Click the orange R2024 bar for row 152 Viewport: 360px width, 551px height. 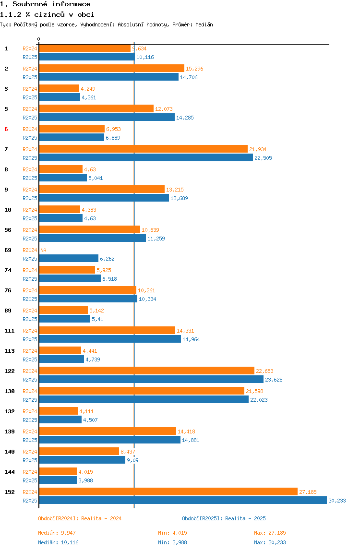pyautogui.click(x=168, y=491)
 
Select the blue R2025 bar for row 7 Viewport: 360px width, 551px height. pyautogui.click(x=146, y=158)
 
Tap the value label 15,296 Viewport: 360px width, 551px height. pyautogui.click(x=194, y=69)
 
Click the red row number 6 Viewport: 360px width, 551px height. pyautogui.click(x=6, y=129)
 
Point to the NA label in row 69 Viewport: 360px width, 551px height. pyautogui.click(x=43, y=250)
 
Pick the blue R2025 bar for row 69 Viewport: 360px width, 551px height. pyautogui.click(x=69, y=258)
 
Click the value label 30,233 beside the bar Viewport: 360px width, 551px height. pyautogui.click(x=337, y=501)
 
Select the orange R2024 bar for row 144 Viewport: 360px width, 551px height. pyautogui.click(x=58, y=472)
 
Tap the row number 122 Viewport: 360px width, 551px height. pyautogui.click(x=10, y=371)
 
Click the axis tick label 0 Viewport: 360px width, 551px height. pyautogui.click(x=39, y=39)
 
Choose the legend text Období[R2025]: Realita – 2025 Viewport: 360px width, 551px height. pyautogui.click(x=224, y=518)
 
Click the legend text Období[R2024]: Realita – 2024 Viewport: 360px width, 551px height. pyautogui.click(x=80, y=518)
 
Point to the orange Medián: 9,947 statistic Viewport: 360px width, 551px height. pyautogui.click(x=57, y=533)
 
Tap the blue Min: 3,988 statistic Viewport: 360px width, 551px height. pyautogui.click(x=172, y=542)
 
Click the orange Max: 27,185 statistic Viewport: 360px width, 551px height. pyautogui.click(x=270, y=533)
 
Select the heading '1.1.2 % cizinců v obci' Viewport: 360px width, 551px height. pyautogui.click(x=47, y=14)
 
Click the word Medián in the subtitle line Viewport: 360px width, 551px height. pyautogui.click(x=204, y=24)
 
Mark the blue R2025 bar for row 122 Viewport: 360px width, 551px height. pyautogui.click(x=151, y=379)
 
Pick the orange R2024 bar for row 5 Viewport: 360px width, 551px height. pyautogui.click(x=96, y=108)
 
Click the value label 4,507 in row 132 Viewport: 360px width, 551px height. pyautogui.click(x=90, y=419)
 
